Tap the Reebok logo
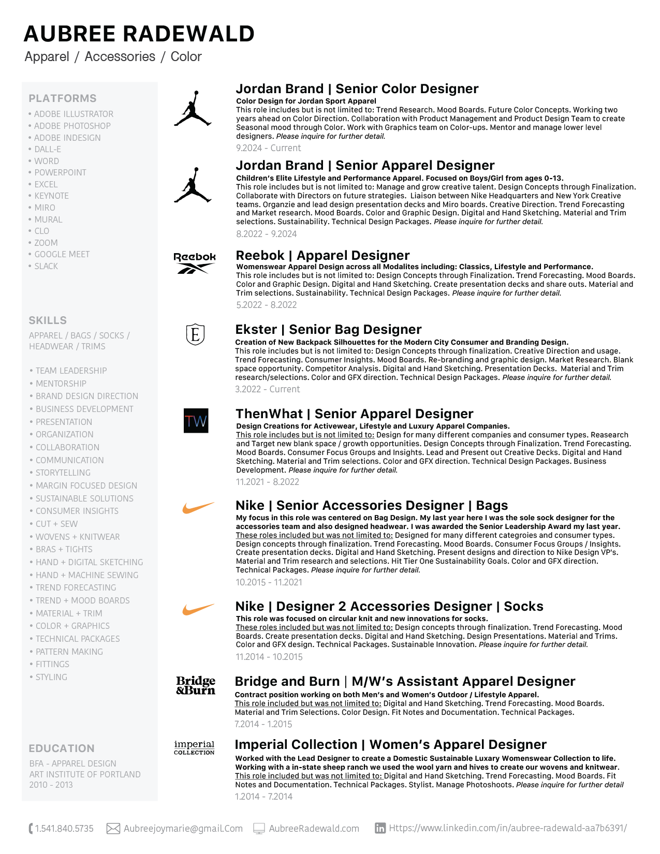[195, 262]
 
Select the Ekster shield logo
[195, 334]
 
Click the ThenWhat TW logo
[196, 421]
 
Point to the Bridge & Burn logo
[196, 685]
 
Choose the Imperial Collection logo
[194, 747]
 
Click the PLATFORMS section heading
[63, 98]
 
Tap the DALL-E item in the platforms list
[48, 149]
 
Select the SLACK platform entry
[46, 266]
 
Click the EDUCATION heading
[62, 748]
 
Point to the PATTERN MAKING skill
[69, 652]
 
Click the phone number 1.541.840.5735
[64, 829]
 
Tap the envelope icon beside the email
[113, 829]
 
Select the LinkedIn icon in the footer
[380, 828]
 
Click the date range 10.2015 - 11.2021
[269, 582]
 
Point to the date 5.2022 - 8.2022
[267, 305]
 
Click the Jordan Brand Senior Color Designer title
[357, 89]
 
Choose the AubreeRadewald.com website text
[314, 829]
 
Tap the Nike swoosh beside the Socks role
[198, 609]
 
